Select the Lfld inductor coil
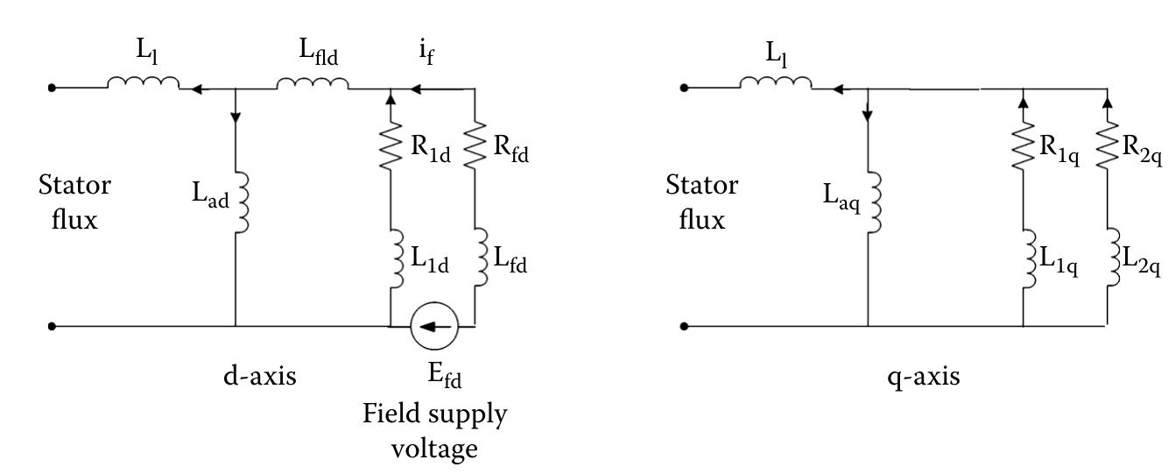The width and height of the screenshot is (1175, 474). coord(313,84)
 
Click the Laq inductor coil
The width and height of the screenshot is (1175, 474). coord(870,202)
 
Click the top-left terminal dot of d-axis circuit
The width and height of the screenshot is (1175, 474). coord(53,88)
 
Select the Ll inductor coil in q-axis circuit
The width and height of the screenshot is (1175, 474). coord(776,84)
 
